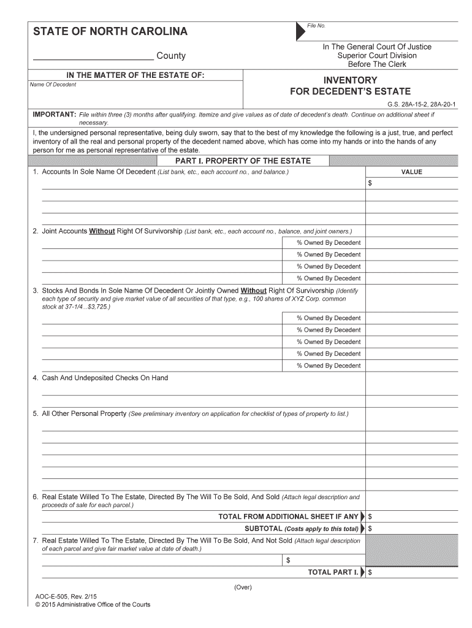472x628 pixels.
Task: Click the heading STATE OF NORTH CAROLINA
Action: point(110,32)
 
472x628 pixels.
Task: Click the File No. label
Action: point(316,26)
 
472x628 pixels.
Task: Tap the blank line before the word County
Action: point(93,56)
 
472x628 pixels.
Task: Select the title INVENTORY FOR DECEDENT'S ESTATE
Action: point(350,86)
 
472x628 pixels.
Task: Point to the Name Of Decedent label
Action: point(53,85)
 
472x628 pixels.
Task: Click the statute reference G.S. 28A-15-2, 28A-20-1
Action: point(422,105)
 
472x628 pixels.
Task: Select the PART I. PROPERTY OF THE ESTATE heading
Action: point(243,161)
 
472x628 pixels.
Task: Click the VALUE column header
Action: point(412,172)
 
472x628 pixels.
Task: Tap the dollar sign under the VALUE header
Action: point(370,183)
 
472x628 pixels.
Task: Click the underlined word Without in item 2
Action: point(102,231)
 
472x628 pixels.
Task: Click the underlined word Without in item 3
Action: point(253,290)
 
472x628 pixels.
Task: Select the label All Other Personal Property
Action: point(84,413)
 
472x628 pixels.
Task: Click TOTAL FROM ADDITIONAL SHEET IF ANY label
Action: point(288,516)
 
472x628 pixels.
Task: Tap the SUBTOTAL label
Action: point(302,528)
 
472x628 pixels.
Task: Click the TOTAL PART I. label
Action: point(333,572)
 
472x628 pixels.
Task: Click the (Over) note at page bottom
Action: point(243,587)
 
